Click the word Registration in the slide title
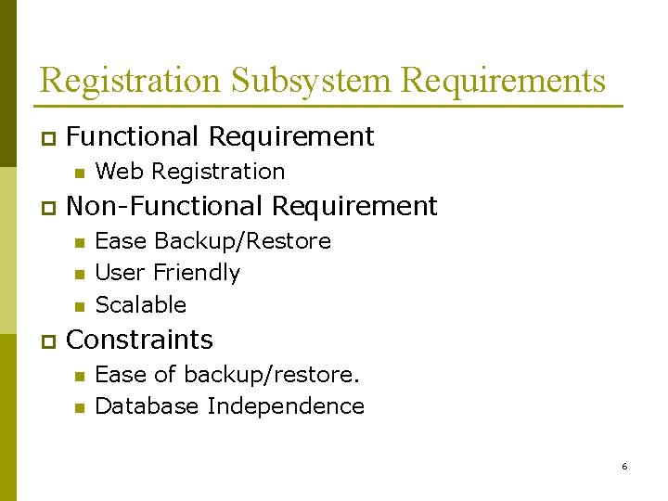[131, 81]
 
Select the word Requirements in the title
[503, 81]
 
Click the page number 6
[624, 466]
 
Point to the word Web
[120, 172]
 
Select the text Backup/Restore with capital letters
[242, 241]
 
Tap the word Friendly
[197, 273]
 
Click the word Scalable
[141, 304]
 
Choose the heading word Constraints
[140, 340]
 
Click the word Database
[148, 406]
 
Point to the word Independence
[286, 406]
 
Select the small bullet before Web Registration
[79, 173]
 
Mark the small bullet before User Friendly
[79, 274]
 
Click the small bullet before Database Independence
[79, 407]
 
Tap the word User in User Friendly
[121, 273]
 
